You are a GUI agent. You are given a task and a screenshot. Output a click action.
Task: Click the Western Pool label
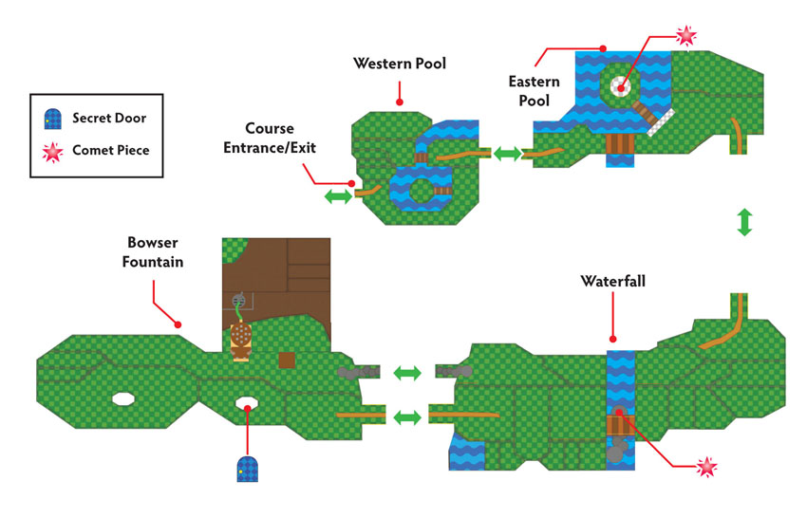coord(400,64)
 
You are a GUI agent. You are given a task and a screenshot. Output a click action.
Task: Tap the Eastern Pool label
coord(534,90)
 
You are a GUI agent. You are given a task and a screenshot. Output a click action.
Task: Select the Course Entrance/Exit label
coord(270,138)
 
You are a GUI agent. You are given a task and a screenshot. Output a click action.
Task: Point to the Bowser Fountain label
coord(153,252)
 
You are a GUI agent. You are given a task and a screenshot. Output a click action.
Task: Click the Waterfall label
coord(612,281)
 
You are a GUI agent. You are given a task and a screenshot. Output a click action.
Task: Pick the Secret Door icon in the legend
coord(52,119)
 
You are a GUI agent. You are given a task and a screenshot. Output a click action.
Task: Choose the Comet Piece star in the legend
coord(52,152)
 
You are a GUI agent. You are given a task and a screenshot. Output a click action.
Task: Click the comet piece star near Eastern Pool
coord(686,35)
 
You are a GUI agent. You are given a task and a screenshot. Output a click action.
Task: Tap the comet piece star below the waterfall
coord(707,467)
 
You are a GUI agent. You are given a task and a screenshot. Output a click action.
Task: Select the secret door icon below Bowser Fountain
coord(247,468)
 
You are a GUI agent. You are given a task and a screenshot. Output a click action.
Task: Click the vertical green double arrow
coord(744,222)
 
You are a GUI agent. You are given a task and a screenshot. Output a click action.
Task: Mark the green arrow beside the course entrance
coord(338,196)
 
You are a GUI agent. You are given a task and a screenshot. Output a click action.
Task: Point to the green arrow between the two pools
coord(507,154)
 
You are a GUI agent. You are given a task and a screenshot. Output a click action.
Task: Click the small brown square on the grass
coord(287,361)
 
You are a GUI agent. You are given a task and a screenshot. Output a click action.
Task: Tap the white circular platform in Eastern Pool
coord(621,86)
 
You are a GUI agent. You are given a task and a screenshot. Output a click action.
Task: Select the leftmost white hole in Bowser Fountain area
coord(123,398)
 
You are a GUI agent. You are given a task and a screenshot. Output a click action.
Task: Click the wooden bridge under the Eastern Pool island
coord(620,143)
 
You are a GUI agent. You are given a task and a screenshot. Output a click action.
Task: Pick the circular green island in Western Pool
coord(422,191)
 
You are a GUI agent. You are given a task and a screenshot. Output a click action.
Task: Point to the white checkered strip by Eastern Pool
coord(661,122)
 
